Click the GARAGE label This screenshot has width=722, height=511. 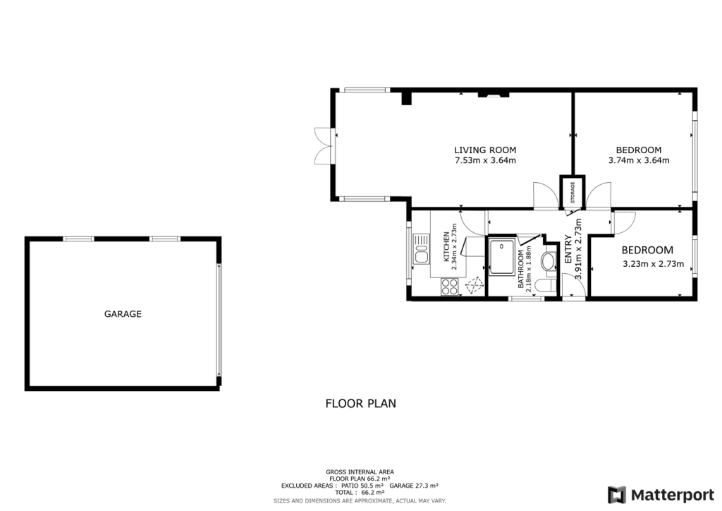123,314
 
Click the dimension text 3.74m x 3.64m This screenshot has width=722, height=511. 638,160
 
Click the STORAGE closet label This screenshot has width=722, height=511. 573,192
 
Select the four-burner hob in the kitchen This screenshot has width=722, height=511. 449,286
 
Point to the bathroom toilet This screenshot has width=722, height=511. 544,286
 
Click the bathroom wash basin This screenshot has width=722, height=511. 548,262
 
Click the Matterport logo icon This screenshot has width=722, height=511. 616,493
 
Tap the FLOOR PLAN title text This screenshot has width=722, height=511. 360,404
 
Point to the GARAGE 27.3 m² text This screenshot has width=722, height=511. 414,486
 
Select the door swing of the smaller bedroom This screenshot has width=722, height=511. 624,222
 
